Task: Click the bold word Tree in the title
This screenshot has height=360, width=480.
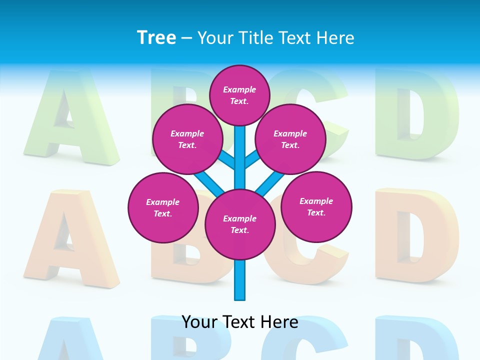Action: [156, 38]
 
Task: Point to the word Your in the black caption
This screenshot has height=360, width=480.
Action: [199, 322]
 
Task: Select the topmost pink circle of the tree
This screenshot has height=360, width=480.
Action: [239, 95]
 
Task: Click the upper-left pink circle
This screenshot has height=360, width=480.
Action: [187, 139]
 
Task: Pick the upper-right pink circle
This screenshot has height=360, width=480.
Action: [290, 139]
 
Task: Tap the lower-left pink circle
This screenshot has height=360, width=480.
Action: [162, 207]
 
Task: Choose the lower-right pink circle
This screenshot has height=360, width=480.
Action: [316, 206]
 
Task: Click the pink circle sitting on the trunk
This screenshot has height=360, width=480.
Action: [240, 224]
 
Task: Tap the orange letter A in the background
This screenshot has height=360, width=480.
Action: [70, 240]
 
